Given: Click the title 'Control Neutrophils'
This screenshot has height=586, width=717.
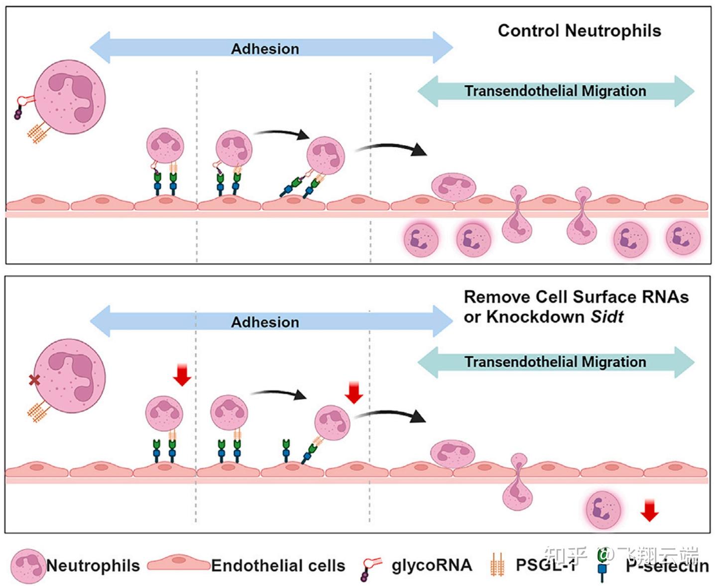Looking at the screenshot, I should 579,31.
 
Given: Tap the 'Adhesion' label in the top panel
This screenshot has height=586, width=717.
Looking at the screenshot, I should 265,49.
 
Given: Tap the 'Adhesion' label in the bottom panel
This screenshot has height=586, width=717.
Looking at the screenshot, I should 265,322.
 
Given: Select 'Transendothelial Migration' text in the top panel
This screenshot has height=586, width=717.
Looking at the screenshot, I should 555,91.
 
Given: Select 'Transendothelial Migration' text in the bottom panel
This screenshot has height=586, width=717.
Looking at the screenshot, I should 555,362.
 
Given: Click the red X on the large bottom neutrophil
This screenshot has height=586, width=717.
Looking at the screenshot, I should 34,381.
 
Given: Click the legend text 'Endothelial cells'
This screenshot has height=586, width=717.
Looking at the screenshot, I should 278,566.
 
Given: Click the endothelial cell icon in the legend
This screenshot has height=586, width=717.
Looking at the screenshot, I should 178,564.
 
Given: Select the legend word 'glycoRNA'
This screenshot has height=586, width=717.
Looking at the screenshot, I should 431,566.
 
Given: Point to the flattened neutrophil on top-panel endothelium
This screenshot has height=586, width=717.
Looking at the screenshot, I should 454,186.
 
